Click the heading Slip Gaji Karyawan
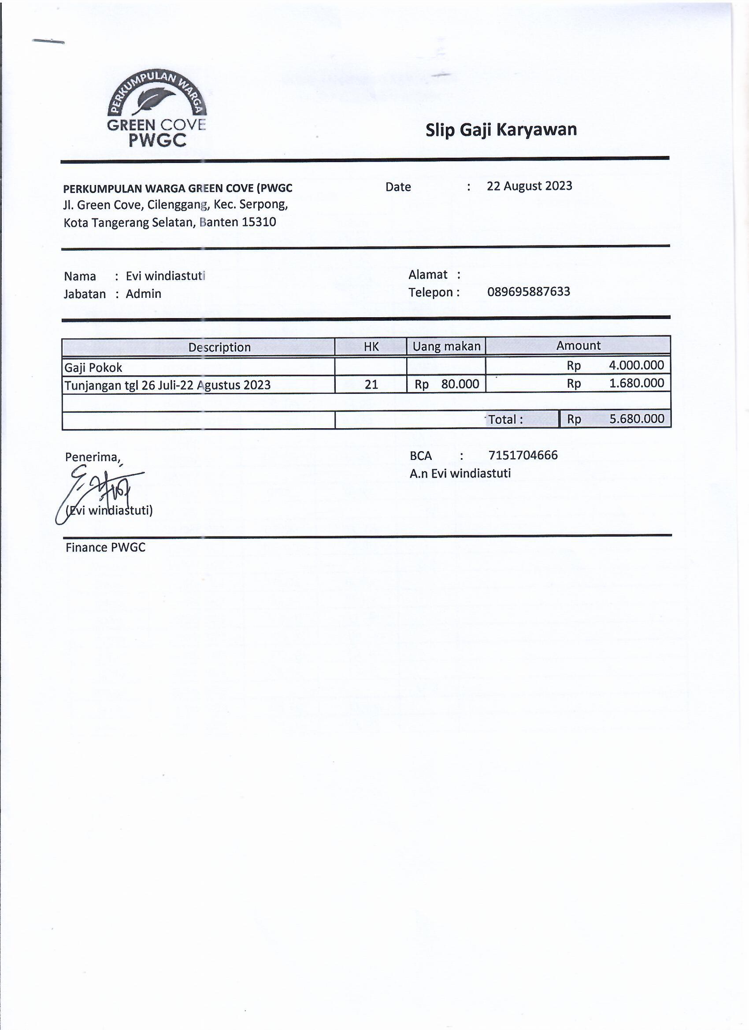[x=501, y=130]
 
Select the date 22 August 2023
[x=529, y=186]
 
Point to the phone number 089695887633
[x=528, y=292]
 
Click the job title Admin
[x=144, y=294]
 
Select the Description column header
[x=219, y=348]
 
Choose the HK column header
[x=371, y=347]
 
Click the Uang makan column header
[x=446, y=347]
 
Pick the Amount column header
[x=578, y=345]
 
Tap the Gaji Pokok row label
[x=93, y=367]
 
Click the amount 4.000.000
[x=636, y=365]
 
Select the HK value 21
[x=371, y=385]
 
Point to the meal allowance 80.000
[x=460, y=384]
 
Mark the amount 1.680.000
[x=636, y=383]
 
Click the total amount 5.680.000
[x=636, y=419]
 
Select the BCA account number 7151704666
[x=523, y=455]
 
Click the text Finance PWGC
[x=105, y=548]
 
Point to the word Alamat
[x=427, y=275]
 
